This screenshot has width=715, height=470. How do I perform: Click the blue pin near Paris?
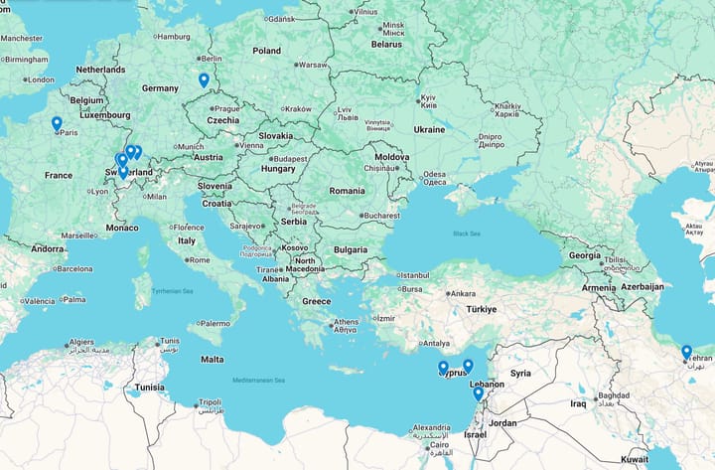click(57, 124)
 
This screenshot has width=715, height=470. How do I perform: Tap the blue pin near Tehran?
click(686, 352)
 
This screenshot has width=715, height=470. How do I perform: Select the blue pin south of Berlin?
click(204, 80)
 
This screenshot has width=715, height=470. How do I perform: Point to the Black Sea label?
click(466, 234)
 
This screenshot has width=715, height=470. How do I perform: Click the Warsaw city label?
click(313, 65)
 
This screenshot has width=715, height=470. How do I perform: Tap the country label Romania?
click(348, 190)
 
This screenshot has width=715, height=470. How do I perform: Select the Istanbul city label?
click(413, 275)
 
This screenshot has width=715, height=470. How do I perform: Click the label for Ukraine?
click(429, 129)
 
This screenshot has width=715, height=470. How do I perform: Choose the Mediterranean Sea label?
click(258, 381)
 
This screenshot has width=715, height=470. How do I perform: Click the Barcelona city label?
click(73, 268)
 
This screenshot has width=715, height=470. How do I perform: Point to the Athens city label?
click(346, 322)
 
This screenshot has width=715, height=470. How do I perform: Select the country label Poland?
click(266, 50)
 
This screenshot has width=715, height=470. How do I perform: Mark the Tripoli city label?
click(209, 402)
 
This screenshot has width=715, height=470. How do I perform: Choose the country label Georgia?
click(584, 255)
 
